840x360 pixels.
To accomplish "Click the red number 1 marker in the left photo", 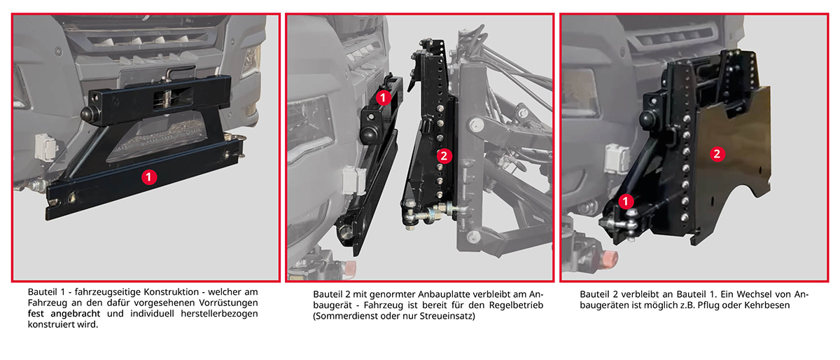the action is click(x=149, y=176).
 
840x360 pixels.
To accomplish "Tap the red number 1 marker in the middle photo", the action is click(x=383, y=98).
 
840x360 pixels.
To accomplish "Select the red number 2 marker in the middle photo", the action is click(x=444, y=155).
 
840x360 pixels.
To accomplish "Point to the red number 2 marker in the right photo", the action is click(x=717, y=154).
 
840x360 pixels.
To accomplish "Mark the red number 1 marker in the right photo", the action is click(x=626, y=202).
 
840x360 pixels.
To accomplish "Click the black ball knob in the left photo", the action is click(x=89, y=114).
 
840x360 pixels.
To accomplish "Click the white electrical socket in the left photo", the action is click(x=45, y=147).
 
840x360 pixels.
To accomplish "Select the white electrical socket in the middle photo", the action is click(x=354, y=181).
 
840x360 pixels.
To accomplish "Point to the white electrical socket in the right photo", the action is click(x=617, y=158).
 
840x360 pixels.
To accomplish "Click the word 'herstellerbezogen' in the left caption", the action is click(x=219, y=314).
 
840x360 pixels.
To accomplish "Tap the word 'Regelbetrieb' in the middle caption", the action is click(x=516, y=305).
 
